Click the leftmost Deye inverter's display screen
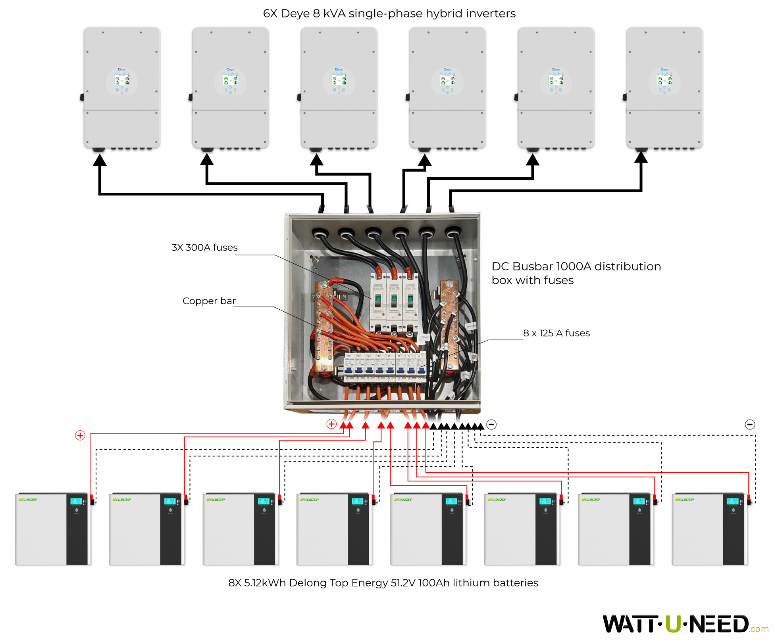(122, 80)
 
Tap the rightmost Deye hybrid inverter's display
(664, 80)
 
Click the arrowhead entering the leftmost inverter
(100, 160)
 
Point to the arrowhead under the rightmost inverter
(641, 157)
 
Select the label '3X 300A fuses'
(204, 247)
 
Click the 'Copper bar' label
(209, 301)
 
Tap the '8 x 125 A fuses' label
(556, 333)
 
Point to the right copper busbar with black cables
(450, 325)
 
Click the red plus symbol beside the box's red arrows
(331, 424)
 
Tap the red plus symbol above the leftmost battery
(80, 435)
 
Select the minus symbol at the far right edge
(750, 425)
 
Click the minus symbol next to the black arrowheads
(491, 425)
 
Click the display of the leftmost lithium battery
(76, 501)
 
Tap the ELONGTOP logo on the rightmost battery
(685, 500)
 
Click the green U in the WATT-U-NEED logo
(674, 624)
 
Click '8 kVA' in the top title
(328, 13)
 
